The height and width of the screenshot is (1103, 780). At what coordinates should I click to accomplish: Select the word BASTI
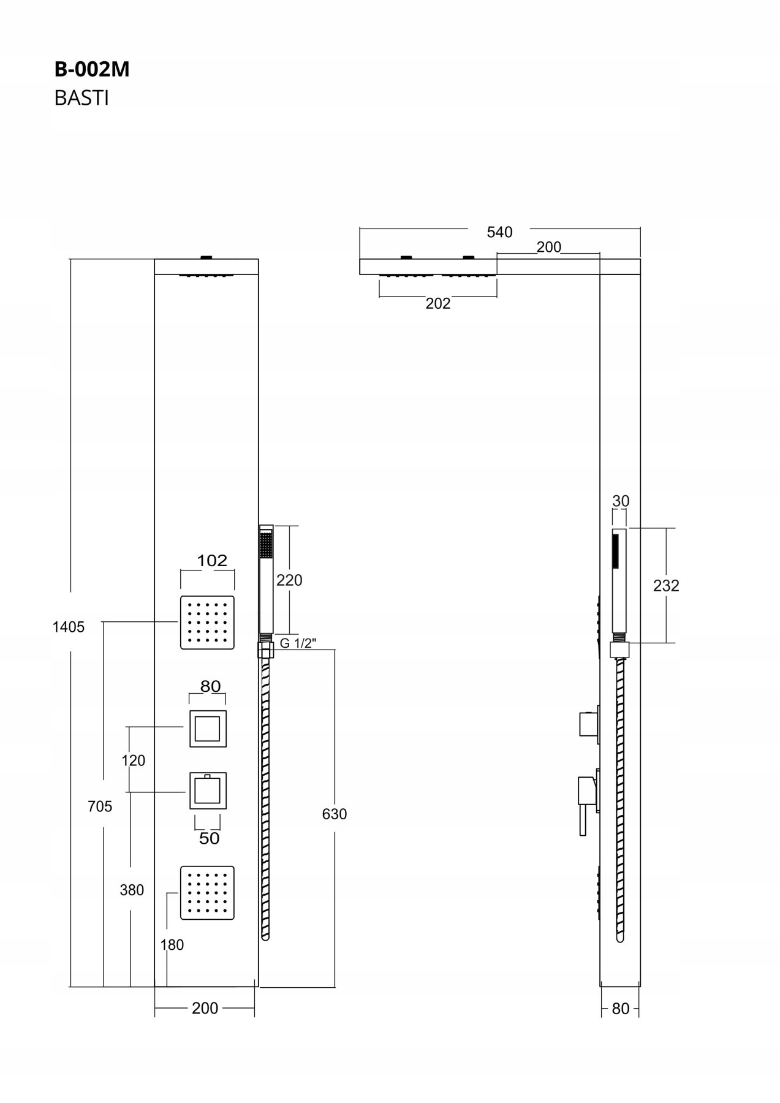click(81, 98)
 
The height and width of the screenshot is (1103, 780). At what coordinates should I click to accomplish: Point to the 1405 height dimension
click(68, 627)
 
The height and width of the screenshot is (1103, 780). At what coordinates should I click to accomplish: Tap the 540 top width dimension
click(499, 232)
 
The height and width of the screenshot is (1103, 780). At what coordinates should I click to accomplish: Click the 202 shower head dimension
click(438, 303)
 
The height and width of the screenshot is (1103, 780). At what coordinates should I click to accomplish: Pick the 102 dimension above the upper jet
click(212, 561)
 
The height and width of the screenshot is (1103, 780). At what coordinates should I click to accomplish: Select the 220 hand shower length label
click(289, 580)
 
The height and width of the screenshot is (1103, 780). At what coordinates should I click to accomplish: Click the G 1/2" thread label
click(298, 643)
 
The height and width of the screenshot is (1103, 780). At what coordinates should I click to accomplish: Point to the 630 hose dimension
click(334, 814)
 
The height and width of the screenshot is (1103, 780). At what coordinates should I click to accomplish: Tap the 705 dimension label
click(100, 806)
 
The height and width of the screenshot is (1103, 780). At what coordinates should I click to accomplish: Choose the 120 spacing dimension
click(134, 760)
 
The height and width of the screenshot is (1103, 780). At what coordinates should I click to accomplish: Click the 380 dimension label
click(132, 890)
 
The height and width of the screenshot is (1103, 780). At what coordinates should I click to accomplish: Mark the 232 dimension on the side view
click(666, 586)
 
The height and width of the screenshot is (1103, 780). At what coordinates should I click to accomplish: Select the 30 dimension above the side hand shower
click(621, 501)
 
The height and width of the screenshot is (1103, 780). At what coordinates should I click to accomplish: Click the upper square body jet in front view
click(207, 622)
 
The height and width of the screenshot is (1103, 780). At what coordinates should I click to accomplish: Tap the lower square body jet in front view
click(207, 893)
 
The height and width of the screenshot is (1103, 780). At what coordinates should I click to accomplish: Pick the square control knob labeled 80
click(208, 729)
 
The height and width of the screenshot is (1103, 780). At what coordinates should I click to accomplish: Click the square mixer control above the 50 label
click(208, 790)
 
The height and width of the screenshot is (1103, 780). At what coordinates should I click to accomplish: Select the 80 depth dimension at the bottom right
click(620, 1009)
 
